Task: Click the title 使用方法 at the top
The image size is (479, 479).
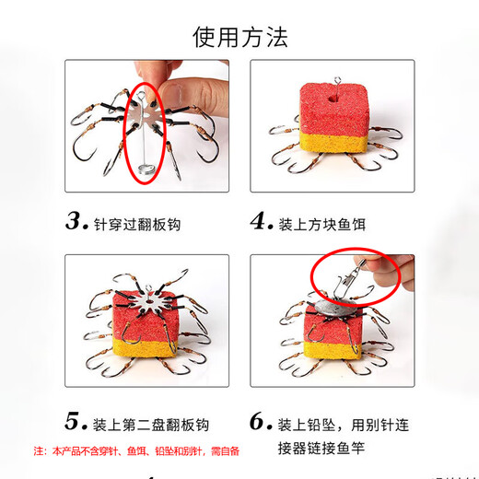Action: tap(239, 36)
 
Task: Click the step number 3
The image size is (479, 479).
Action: tap(76, 222)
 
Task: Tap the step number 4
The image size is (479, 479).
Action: tap(262, 222)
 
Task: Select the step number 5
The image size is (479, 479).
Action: tap(76, 423)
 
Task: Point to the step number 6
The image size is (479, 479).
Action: tap(262, 423)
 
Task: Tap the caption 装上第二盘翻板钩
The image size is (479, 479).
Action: tap(151, 425)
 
